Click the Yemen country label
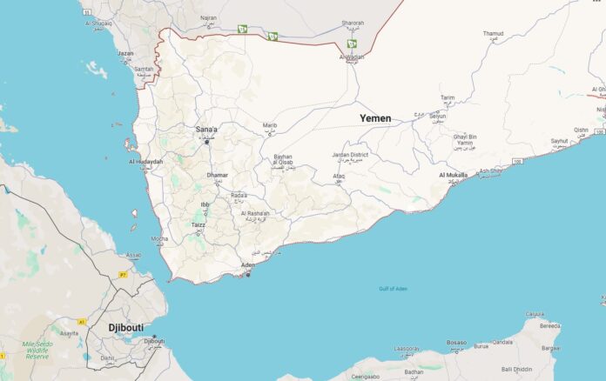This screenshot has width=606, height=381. [375, 117]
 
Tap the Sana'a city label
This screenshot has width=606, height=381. [206, 130]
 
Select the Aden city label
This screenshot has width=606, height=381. [248, 264]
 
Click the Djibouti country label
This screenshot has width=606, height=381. [126, 327]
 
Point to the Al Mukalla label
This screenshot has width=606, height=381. [453, 175]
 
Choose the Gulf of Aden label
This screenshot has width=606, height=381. [393, 288]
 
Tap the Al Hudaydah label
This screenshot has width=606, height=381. [145, 161]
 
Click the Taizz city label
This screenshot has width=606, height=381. [199, 224]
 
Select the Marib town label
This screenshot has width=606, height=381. [270, 125]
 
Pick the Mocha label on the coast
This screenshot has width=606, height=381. [159, 238]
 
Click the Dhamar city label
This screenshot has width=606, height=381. [217, 175]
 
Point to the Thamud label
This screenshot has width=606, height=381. [493, 34]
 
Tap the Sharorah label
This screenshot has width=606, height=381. [353, 23]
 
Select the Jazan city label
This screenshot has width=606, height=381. [125, 53]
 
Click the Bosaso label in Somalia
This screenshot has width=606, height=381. [457, 343]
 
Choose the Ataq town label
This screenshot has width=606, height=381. [339, 176]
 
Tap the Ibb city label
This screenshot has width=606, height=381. [205, 204]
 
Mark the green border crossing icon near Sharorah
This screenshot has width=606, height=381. [352, 43]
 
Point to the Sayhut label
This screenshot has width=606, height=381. [558, 140]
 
